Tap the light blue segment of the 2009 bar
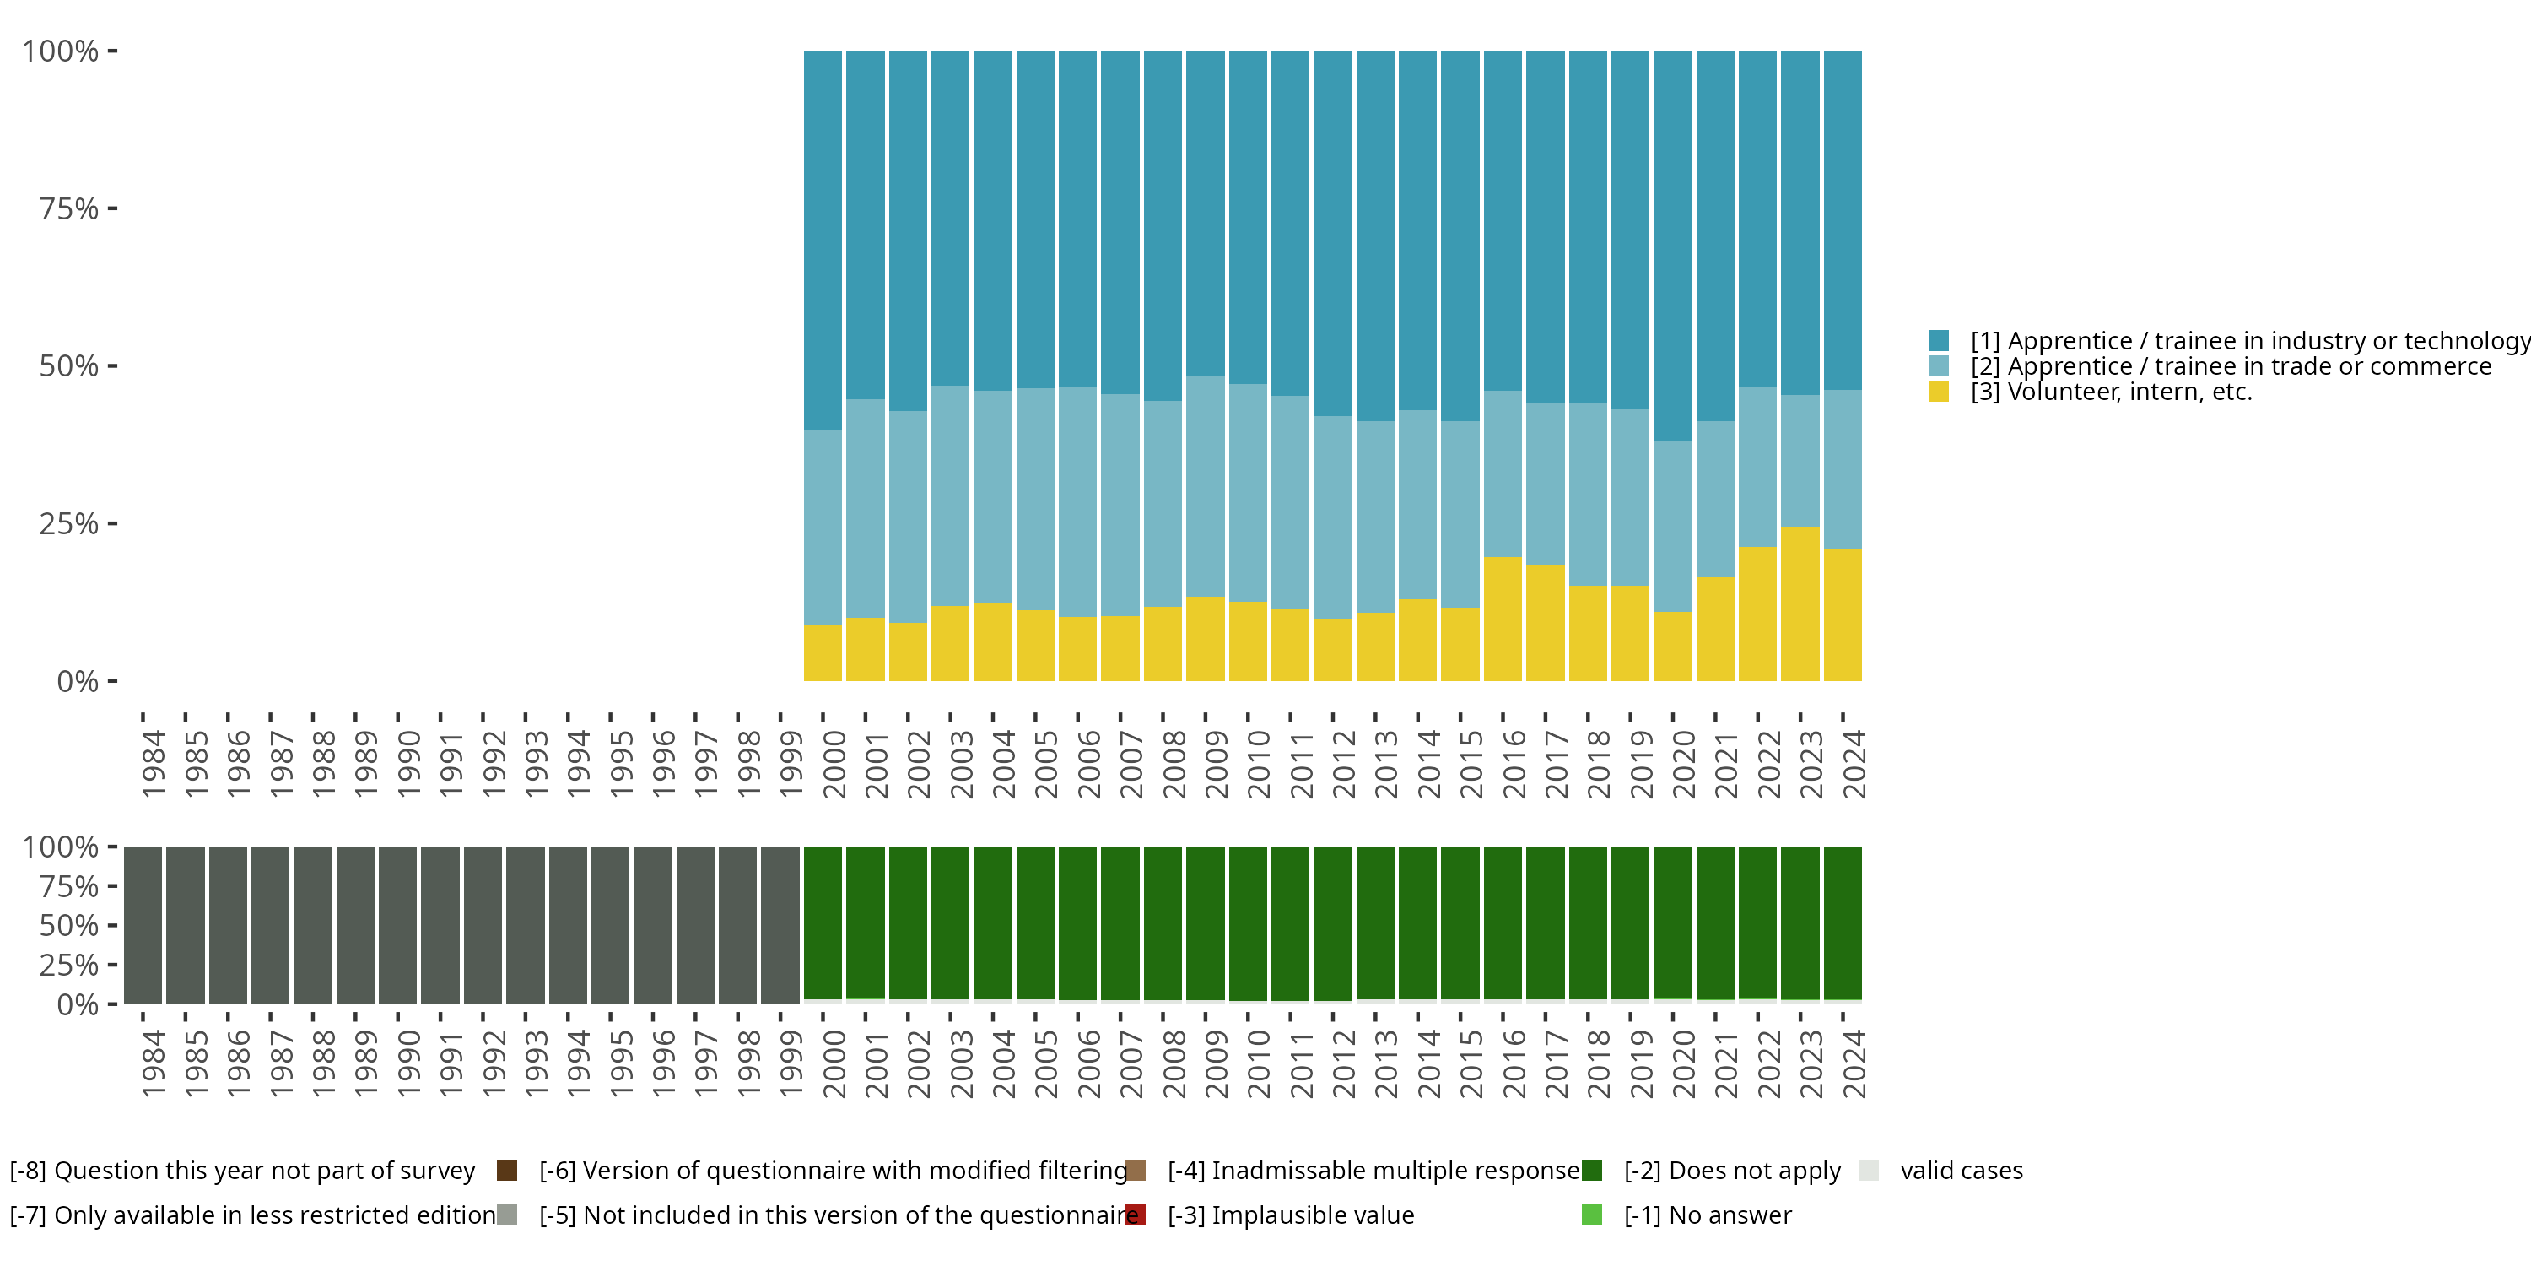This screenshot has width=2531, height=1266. tap(1205, 485)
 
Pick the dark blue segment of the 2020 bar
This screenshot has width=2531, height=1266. tap(1672, 246)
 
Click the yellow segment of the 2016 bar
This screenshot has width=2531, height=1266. tap(1503, 619)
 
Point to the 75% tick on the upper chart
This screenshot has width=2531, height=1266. tap(112, 208)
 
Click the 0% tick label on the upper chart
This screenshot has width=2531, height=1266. tap(78, 681)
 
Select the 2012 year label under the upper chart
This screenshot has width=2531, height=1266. tap(1343, 764)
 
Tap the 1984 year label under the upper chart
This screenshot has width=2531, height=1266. tap(153, 764)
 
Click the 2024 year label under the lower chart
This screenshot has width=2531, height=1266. tap(1853, 1063)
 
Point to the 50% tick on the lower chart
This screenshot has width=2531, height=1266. tap(112, 925)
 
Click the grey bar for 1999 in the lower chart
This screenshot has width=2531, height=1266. tap(780, 924)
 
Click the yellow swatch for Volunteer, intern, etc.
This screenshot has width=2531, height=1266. tap(1939, 392)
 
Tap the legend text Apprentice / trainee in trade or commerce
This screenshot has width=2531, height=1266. tap(2231, 366)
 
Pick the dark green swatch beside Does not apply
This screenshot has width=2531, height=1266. tap(1592, 1170)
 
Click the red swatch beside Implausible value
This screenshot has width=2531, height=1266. tap(1136, 1215)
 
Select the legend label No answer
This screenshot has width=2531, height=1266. tap(1708, 1215)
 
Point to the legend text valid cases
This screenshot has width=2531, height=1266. tap(1962, 1170)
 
